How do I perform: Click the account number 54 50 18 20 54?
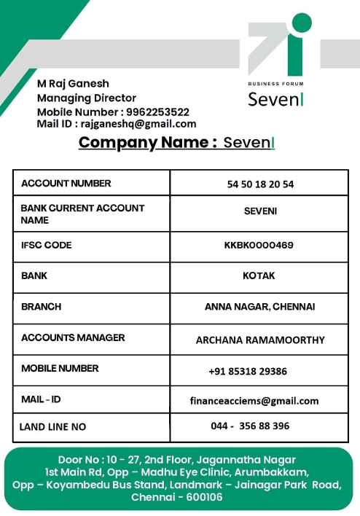(260, 184)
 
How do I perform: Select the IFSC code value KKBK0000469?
(259, 246)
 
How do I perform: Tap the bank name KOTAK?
(259, 277)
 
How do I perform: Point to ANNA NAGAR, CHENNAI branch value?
(259, 308)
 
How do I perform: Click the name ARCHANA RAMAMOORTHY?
(260, 340)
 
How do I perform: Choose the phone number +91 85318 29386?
(248, 372)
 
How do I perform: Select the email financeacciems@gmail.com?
(254, 401)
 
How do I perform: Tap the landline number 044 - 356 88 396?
(250, 426)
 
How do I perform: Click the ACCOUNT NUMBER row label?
(66, 184)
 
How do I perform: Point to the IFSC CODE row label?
(47, 246)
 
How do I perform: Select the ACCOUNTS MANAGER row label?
(73, 338)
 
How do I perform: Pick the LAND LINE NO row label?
(52, 426)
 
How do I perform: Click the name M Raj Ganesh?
(73, 84)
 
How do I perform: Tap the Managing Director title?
(87, 98)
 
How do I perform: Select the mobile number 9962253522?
(157, 112)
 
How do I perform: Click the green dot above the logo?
(300, 23)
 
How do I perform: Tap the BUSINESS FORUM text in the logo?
(276, 84)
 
